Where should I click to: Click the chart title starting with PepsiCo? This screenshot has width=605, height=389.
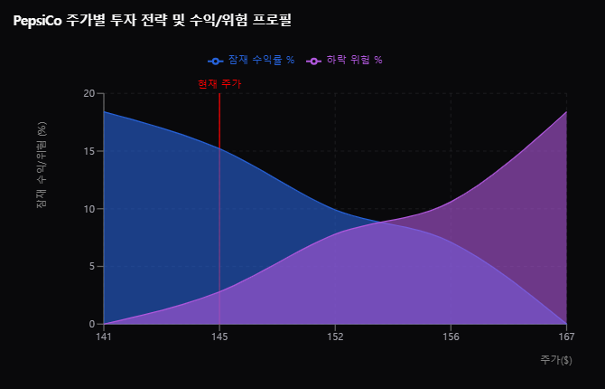point(152,19)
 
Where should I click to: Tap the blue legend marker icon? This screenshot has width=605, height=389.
point(216,62)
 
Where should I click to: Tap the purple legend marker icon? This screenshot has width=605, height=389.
point(314,62)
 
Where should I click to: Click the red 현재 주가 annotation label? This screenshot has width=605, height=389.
point(219,84)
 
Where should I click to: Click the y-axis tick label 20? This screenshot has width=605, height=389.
point(88,93)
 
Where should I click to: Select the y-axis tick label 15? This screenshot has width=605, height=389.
point(88,151)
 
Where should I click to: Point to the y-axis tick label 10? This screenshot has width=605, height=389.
point(88,209)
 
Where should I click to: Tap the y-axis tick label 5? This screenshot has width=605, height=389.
point(90,267)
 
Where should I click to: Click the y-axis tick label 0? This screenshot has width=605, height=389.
point(90,324)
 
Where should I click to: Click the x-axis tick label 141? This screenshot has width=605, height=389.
point(104,337)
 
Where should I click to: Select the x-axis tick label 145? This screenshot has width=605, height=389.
point(219,337)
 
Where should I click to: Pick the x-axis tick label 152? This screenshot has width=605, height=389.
point(335,337)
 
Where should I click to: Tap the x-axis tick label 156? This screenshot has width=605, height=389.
point(451,337)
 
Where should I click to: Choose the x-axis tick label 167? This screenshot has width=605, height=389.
point(566,337)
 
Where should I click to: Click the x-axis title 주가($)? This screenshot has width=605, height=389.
point(555,360)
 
